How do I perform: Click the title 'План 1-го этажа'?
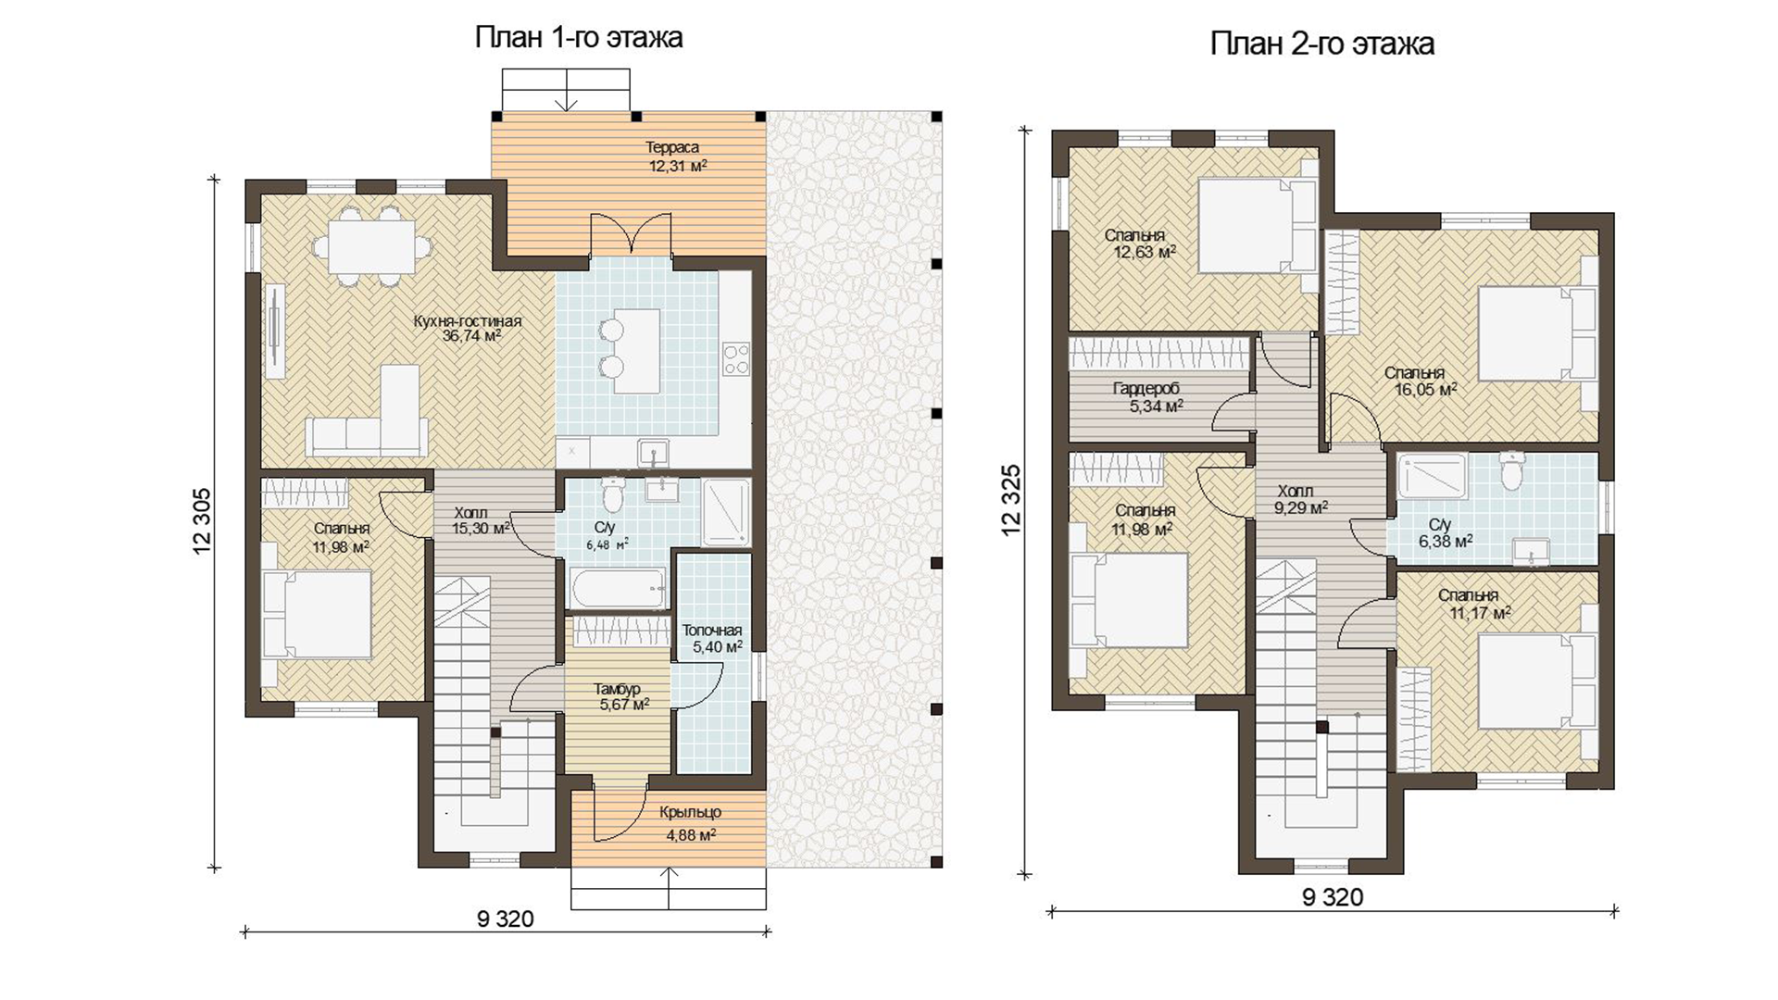pyautogui.click(x=579, y=38)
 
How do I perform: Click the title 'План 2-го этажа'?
pyautogui.click(x=1322, y=44)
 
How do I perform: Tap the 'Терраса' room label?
pyautogui.click(x=672, y=147)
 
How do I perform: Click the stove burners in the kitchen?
pyautogui.click(x=736, y=358)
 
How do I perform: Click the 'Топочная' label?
pyautogui.click(x=712, y=631)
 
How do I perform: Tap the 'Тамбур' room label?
pyautogui.click(x=617, y=689)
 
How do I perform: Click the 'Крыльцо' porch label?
pyautogui.click(x=690, y=813)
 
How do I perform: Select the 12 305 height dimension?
pyautogui.click(x=203, y=521)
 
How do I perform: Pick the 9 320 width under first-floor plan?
pyautogui.click(x=506, y=919)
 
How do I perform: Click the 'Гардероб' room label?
pyautogui.click(x=1146, y=389)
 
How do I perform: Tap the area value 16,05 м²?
pyautogui.click(x=1426, y=390)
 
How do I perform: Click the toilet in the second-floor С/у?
pyautogui.click(x=1511, y=471)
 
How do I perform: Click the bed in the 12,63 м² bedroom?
pyautogui.click(x=1257, y=226)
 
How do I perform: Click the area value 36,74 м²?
pyautogui.click(x=472, y=336)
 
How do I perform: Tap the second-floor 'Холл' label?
pyautogui.click(x=1295, y=491)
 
